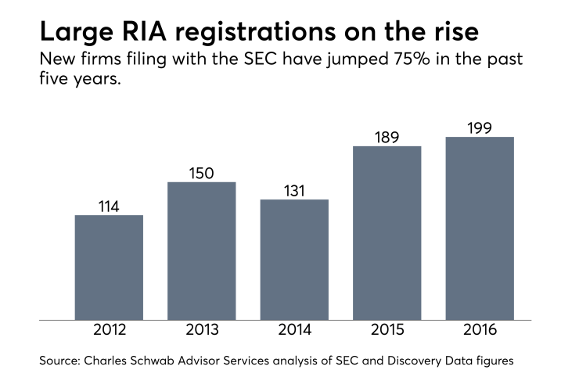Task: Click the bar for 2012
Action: click(x=109, y=267)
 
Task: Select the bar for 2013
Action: click(x=202, y=250)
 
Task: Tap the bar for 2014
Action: click(x=294, y=259)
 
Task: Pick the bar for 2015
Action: click(x=387, y=232)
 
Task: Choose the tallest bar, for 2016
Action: click(x=480, y=228)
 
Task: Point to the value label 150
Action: click(x=202, y=172)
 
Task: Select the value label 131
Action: click(x=294, y=189)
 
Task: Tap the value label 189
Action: click(x=387, y=136)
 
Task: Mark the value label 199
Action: click(x=480, y=127)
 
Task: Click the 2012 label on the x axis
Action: click(x=109, y=332)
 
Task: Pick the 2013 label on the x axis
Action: click(x=202, y=332)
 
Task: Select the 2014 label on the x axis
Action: click(x=294, y=332)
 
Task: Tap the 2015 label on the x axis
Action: click(x=387, y=332)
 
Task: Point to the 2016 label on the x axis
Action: click(x=480, y=332)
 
